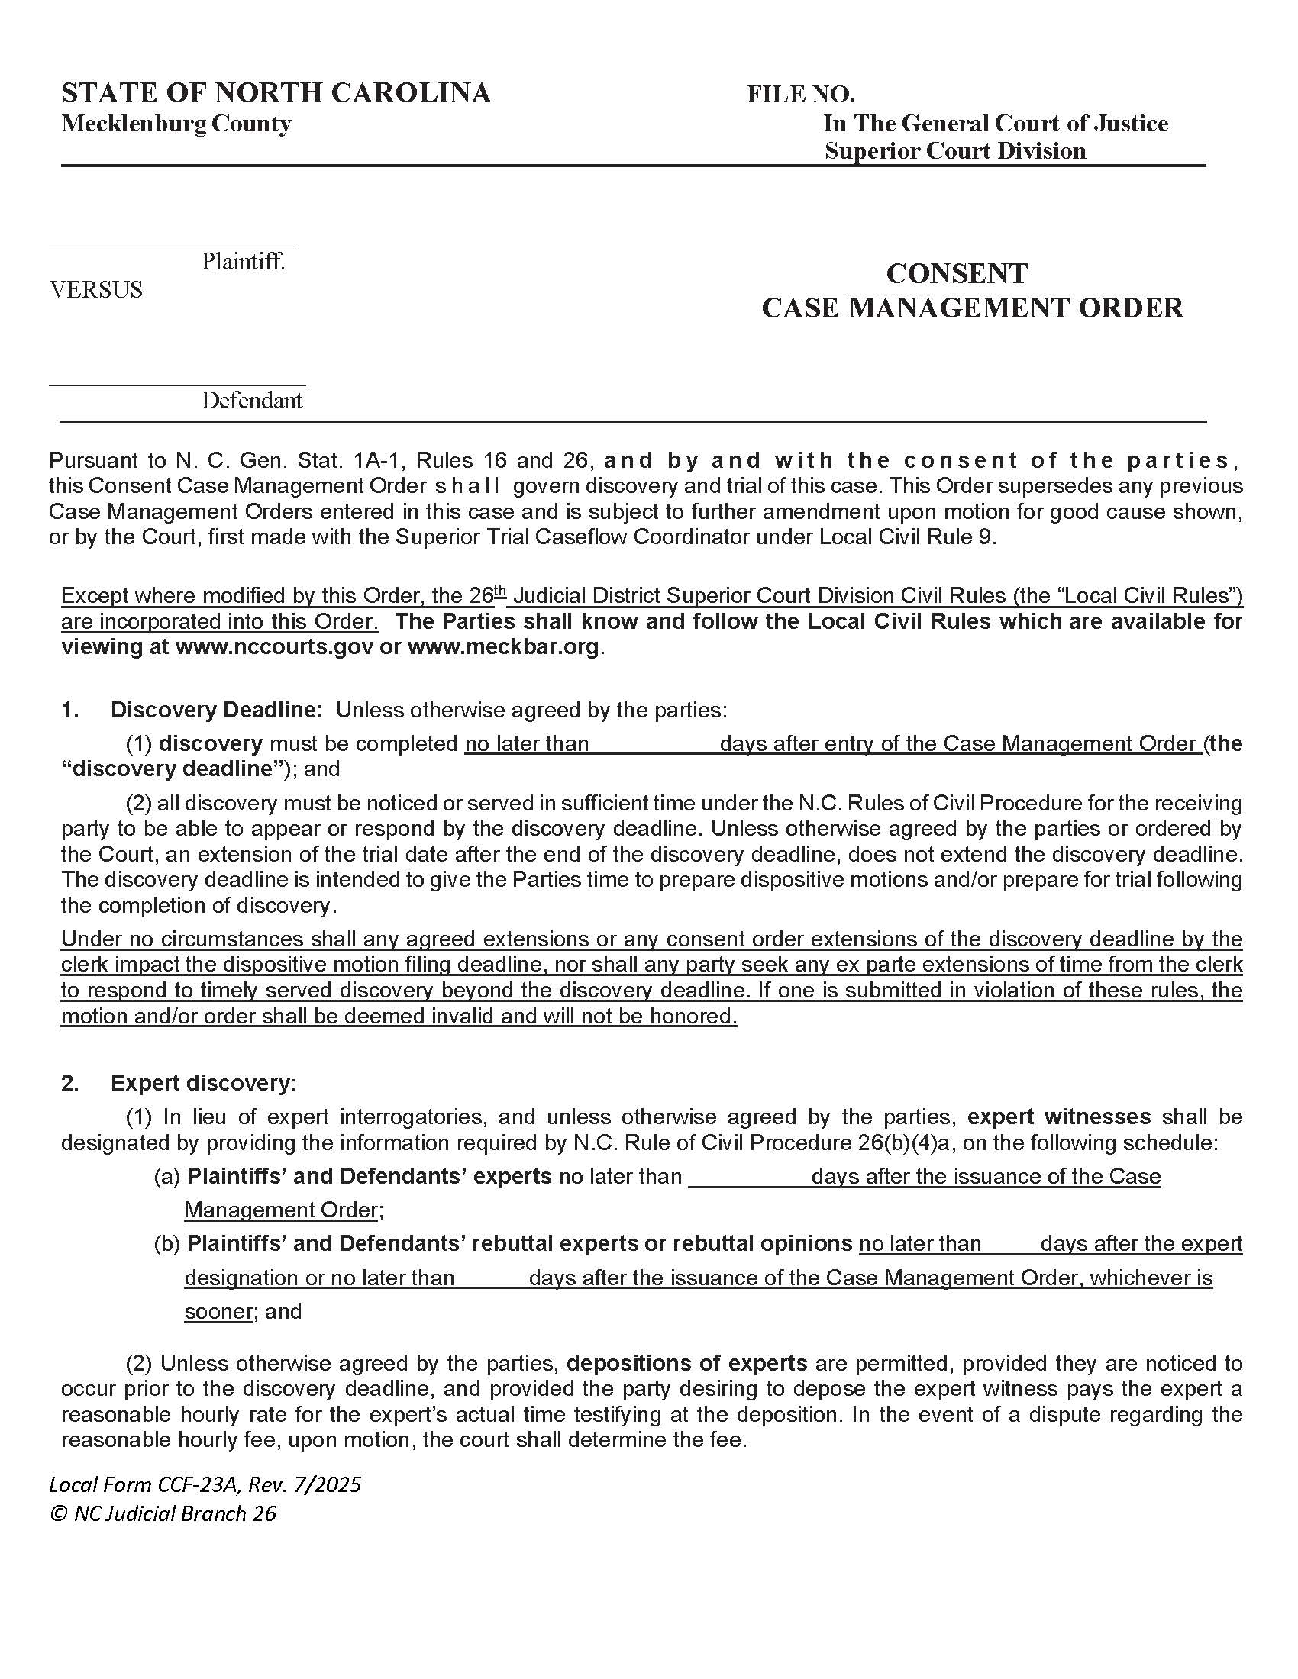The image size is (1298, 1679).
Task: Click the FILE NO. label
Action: point(800,95)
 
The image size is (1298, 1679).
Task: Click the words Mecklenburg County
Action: point(176,124)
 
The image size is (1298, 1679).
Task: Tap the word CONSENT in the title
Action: point(957,274)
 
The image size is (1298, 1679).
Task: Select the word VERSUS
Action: point(96,290)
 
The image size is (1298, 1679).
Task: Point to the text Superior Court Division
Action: point(955,150)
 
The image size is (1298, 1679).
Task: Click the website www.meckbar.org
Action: point(503,646)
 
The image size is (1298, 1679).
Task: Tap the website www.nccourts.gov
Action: point(275,646)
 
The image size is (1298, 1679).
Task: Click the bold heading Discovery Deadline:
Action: point(217,710)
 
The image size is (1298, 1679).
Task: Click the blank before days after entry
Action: point(654,743)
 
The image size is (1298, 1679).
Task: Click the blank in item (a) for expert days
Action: point(748,1177)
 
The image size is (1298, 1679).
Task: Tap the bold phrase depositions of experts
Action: point(686,1364)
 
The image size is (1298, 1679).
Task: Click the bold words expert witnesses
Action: point(1058,1117)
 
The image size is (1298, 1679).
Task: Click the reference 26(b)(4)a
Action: point(905,1143)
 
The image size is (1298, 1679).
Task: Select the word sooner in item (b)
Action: point(218,1311)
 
